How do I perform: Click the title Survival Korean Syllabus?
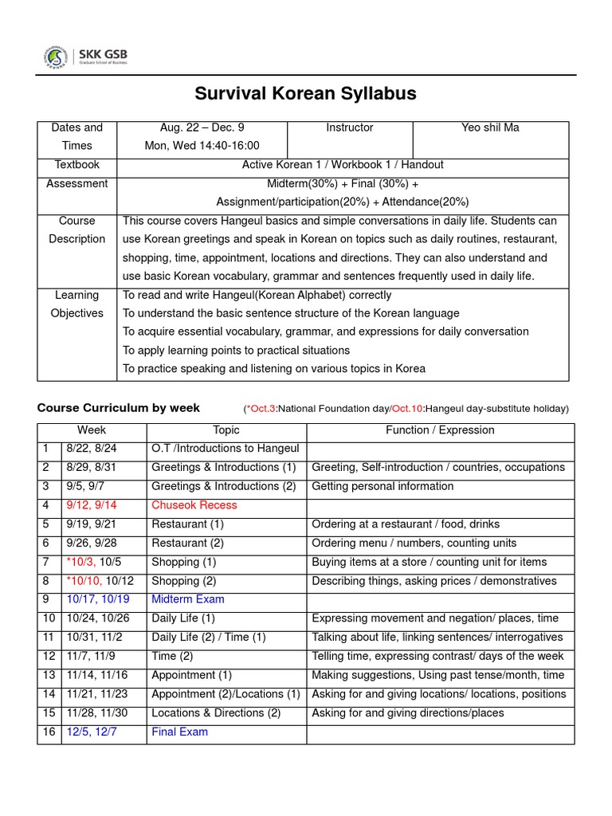[x=306, y=94]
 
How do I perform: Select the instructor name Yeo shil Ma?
[x=490, y=127]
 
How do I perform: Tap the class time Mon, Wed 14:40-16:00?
[x=202, y=146]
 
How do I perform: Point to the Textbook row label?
[x=77, y=165]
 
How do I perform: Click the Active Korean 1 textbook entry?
[x=343, y=165]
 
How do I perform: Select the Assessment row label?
[x=77, y=184]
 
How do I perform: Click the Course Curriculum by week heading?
[x=119, y=408]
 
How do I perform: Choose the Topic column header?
[x=226, y=430]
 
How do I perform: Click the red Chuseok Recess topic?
[x=194, y=505]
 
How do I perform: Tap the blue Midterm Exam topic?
[x=188, y=599]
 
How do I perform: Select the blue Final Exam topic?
[x=180, y=732]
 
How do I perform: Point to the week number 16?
[x=49, y=732]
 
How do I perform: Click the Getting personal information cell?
[x=382, y=486]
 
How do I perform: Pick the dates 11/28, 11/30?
[x=98, y=713]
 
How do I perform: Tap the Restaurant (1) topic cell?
[x=187, y=524]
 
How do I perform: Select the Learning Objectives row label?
[x=77, y=304]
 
